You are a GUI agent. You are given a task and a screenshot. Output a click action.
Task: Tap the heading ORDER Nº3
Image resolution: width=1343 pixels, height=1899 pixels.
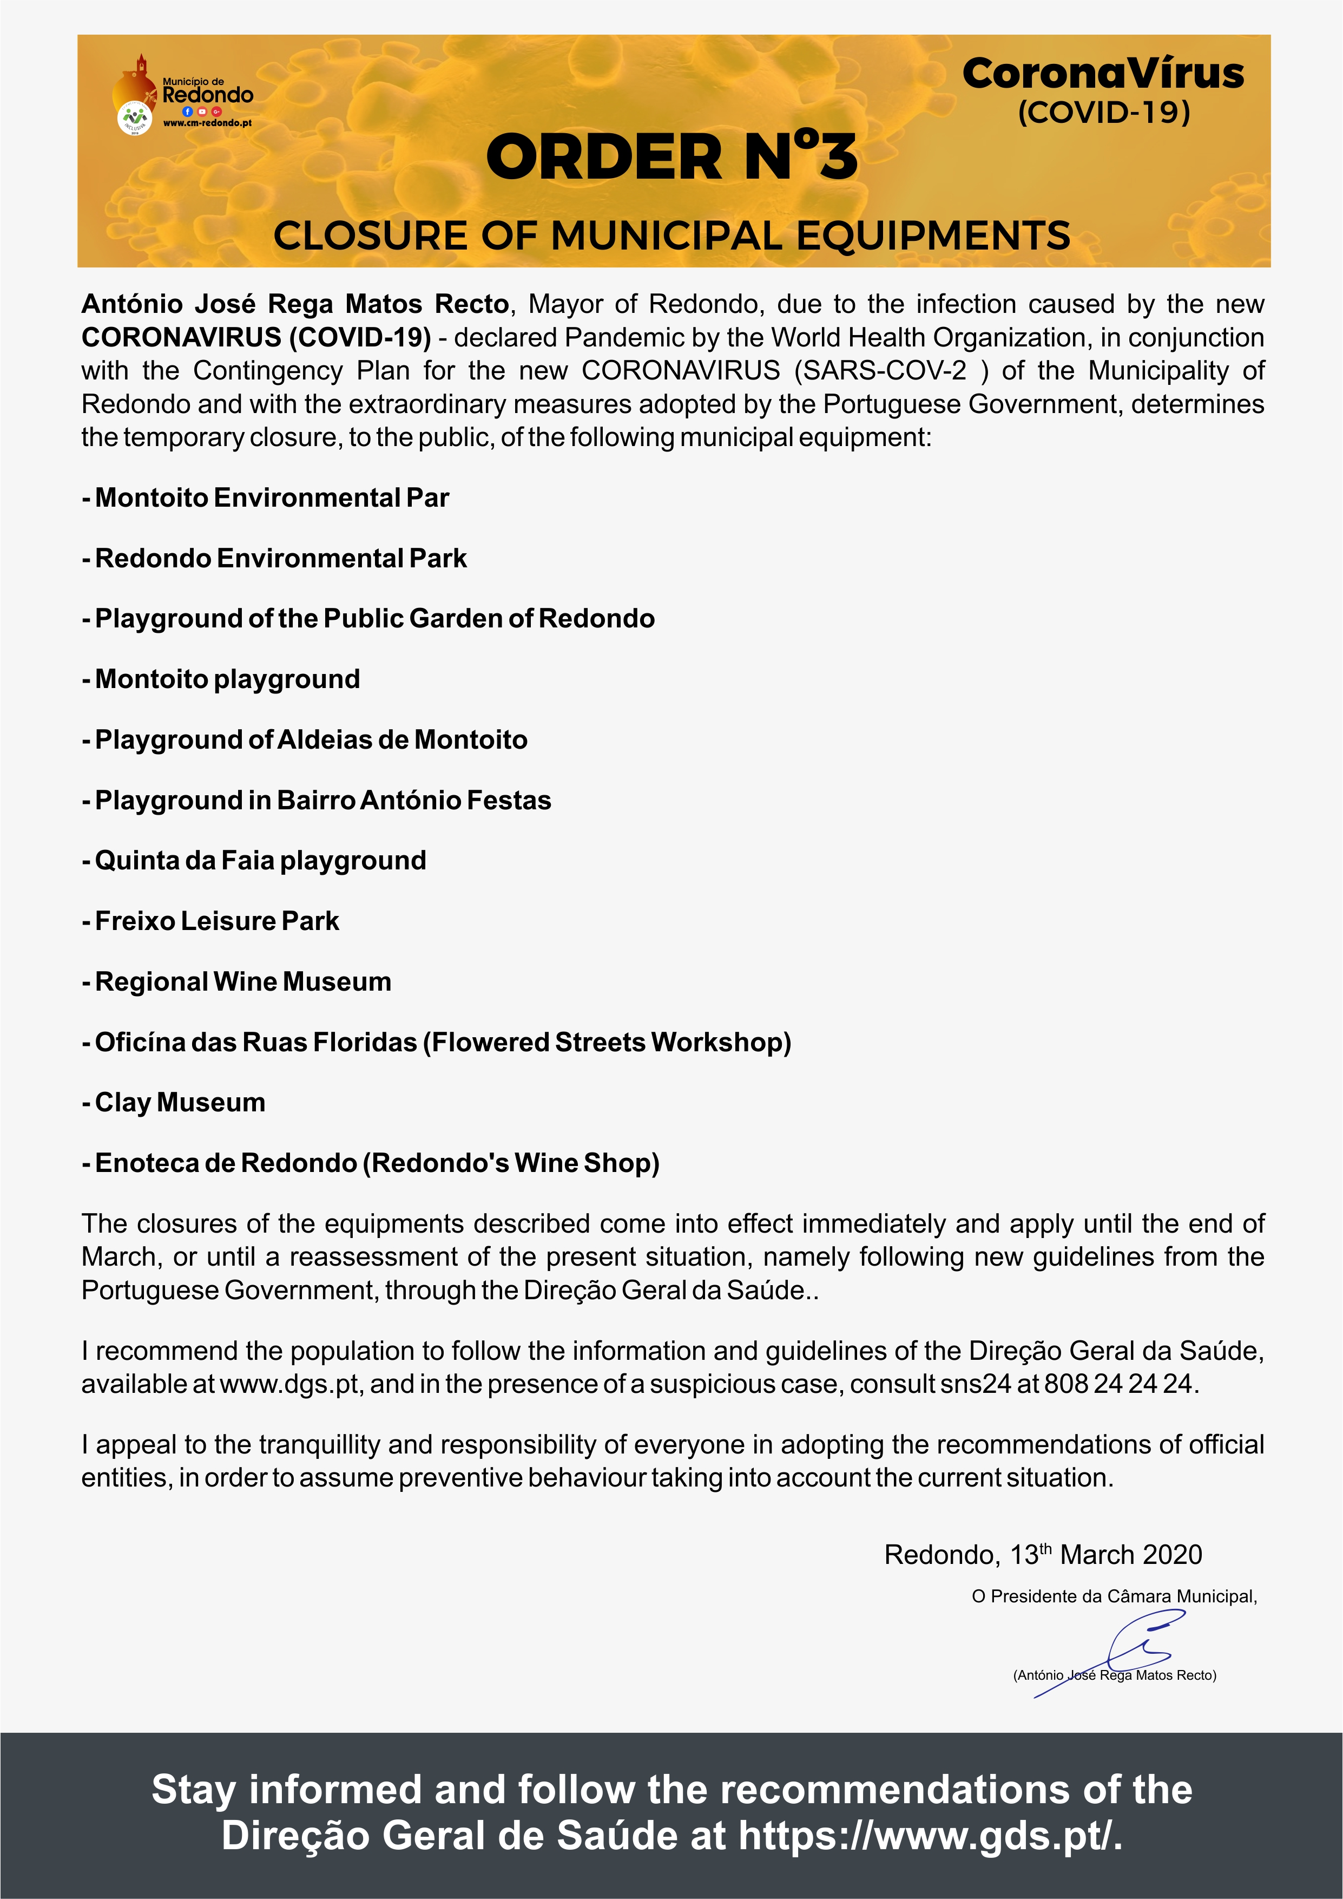coord(672,157)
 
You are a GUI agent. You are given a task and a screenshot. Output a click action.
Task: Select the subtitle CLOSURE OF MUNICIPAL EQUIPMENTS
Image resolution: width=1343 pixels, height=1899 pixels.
coord(672,235)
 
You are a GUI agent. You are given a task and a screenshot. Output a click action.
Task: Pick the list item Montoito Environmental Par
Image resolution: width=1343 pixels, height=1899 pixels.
coord(266,498)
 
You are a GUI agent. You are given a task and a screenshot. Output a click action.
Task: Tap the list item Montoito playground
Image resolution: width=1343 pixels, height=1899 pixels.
coord(222,679)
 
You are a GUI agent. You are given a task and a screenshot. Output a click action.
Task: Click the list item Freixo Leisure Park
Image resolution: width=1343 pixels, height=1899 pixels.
coord(212,921)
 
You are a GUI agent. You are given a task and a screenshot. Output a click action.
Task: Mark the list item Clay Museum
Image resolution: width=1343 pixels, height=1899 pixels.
coord(174,1103)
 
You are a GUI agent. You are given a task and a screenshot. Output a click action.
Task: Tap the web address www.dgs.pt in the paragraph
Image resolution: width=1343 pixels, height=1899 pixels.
coord(289,1384)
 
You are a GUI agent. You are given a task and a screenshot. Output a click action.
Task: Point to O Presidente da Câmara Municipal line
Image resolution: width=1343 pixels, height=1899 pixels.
coord(1114,1597)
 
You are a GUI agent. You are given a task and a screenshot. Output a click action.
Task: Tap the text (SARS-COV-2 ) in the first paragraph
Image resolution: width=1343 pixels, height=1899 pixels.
coord(891,370)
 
